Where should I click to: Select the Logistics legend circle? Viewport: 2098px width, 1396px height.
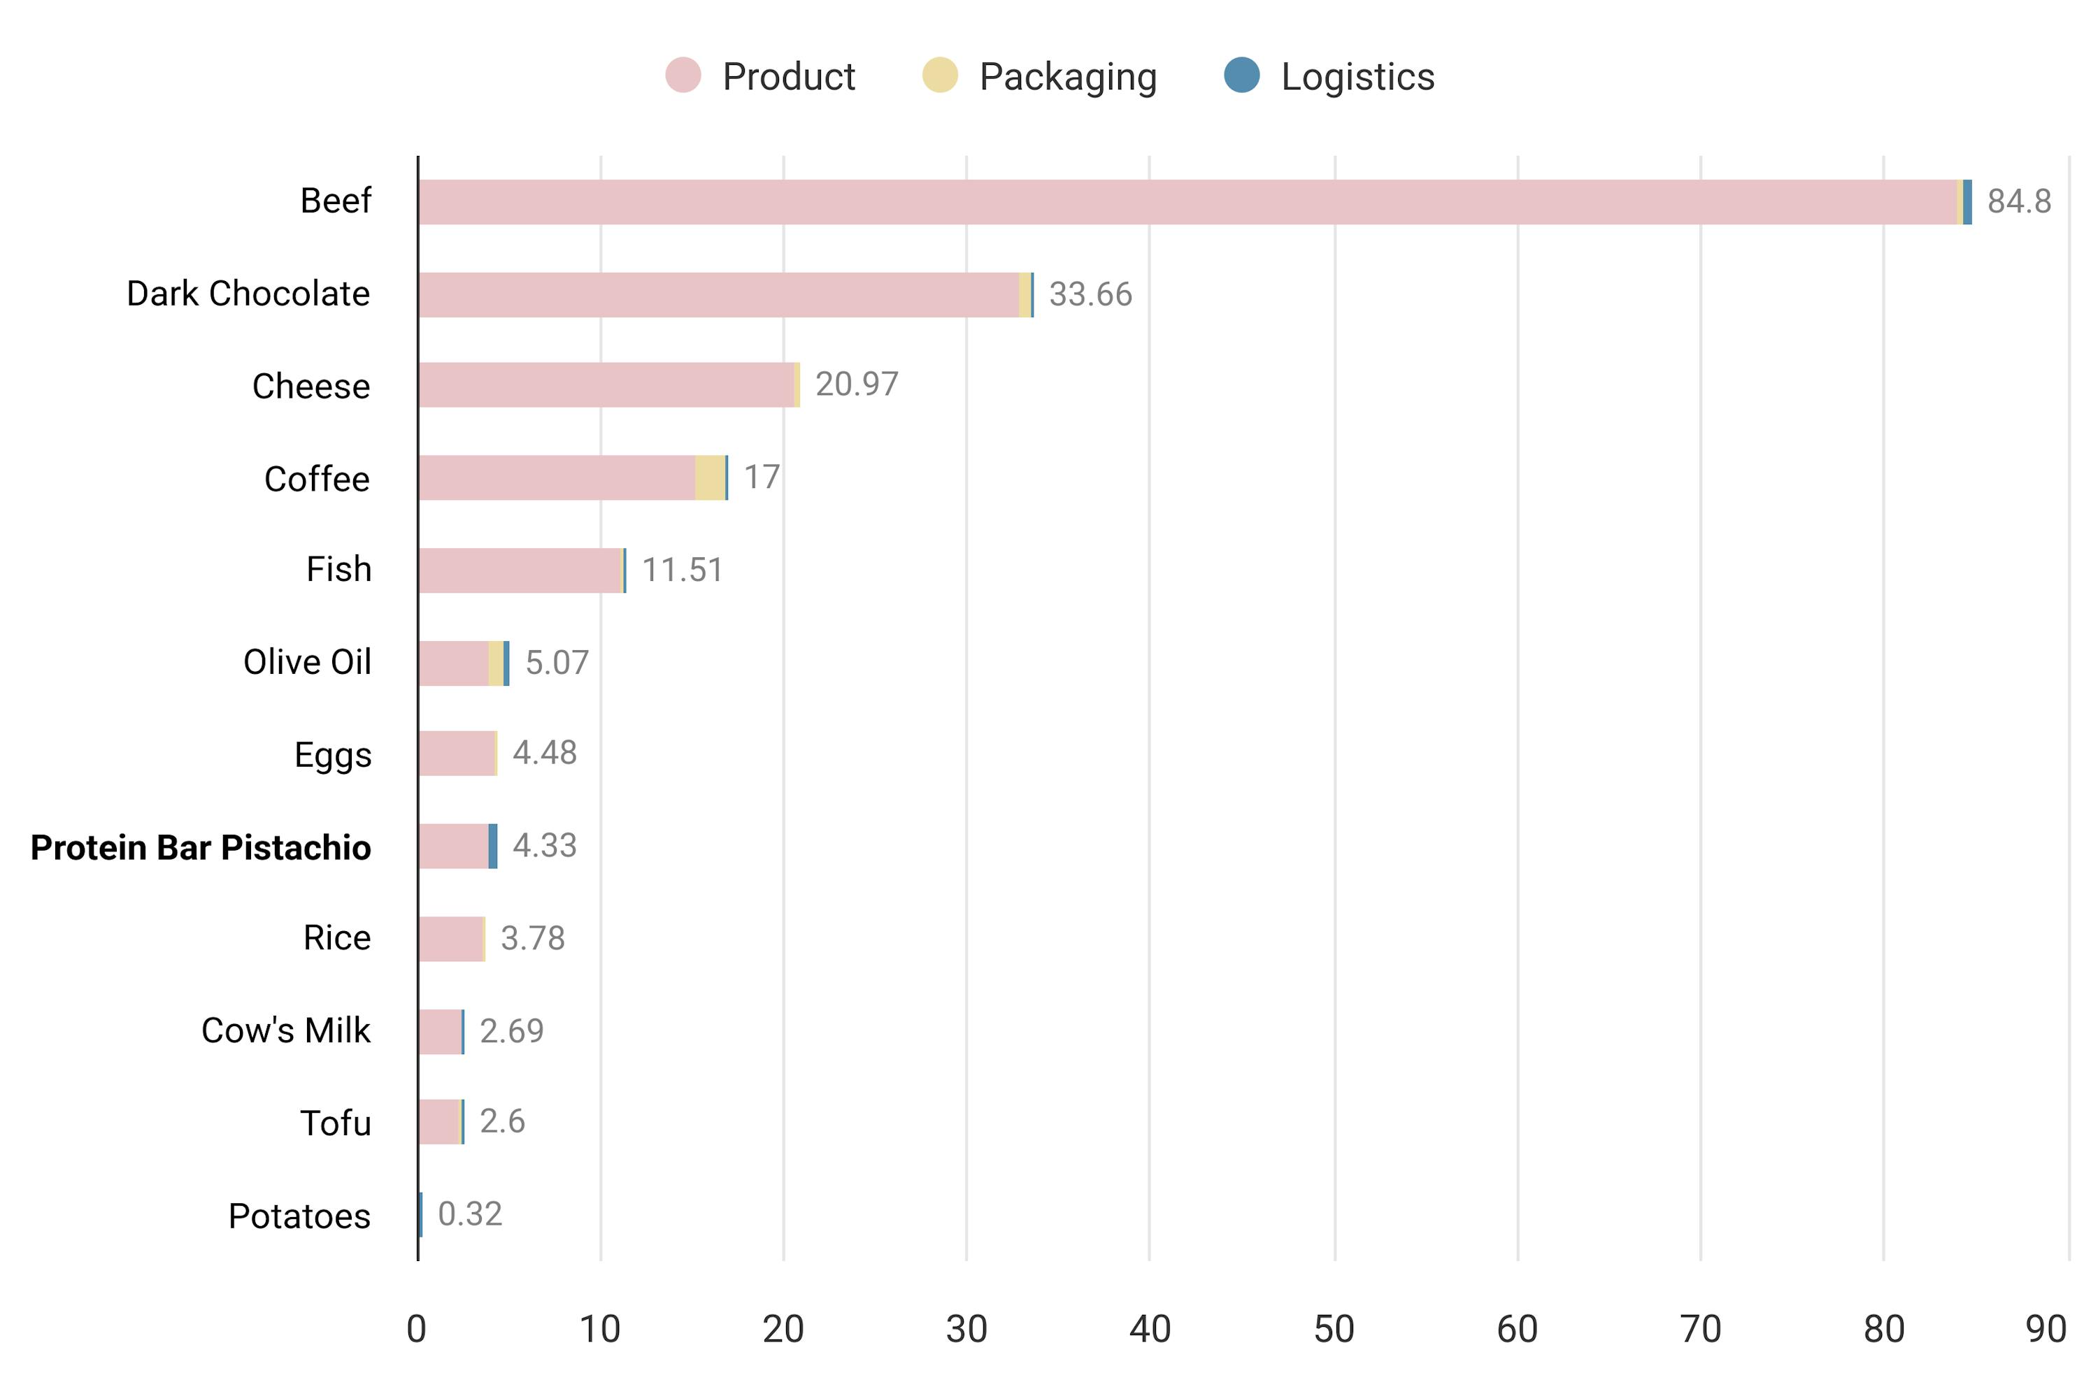(1241, 75)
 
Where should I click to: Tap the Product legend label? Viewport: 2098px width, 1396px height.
(788, 77)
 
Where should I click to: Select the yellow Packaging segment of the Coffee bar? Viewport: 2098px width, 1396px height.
(710, 478)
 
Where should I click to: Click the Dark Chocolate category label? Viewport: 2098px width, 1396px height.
(248, 294)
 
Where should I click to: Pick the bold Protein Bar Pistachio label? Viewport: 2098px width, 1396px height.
(201, 847)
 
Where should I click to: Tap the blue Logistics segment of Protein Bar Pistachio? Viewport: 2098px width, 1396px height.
(492, 846)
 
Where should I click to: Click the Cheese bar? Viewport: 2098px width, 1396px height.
(606, 384)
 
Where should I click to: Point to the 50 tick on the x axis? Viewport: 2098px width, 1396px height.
(1333, 1329)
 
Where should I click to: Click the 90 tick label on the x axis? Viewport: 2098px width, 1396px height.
(2046, 1329)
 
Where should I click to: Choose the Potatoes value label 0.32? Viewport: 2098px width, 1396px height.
(470, 1214)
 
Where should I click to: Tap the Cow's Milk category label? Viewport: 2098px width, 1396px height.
(285, 1031)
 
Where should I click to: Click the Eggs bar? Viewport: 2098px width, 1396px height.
(456, 753)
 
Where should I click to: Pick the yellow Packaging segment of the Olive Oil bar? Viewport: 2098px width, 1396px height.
(496, 663)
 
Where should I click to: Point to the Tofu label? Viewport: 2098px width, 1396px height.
(335, 1123)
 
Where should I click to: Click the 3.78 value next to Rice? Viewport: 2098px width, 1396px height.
(532, 938)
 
